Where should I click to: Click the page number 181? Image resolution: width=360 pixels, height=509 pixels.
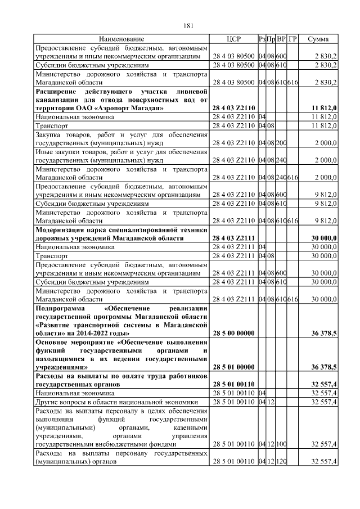coord(188,25)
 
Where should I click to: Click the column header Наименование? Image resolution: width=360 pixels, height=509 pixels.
coord(121,39)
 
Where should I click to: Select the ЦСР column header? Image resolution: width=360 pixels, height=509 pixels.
coord(233,39)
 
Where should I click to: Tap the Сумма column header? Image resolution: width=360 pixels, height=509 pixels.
coord(318,39)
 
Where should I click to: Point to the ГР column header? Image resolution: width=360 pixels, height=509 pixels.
coord(292,39)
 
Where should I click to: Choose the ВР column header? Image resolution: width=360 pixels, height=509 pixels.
coord(281,39)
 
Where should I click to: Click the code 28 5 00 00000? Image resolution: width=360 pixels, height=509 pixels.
coord(233,334)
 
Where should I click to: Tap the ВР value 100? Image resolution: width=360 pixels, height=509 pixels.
coord(281,444)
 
